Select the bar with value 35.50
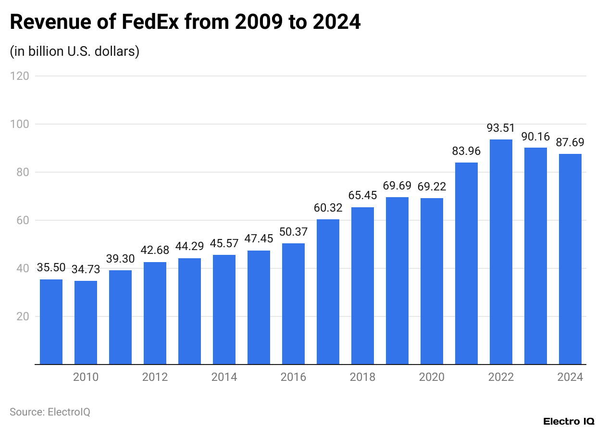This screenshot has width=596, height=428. click(51, 322)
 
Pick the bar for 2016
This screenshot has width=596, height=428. click(293, 303)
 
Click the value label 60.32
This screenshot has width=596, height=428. click(328, 208)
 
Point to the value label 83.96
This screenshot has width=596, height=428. click(466, 151)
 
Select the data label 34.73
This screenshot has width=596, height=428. click(86, 269)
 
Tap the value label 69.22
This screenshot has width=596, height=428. click(432, 187)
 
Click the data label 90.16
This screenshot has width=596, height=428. click(535, 136)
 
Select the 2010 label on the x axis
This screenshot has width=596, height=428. click(86, 377)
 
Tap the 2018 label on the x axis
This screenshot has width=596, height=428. click(362, 377)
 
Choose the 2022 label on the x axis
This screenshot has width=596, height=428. click(501, 377)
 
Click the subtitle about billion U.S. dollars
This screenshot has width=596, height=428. click(74, 51)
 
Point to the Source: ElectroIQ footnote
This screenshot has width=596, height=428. click(50, 412)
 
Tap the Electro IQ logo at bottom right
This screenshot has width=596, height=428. click(569, 421)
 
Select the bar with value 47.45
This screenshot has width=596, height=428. click(259, 307)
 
